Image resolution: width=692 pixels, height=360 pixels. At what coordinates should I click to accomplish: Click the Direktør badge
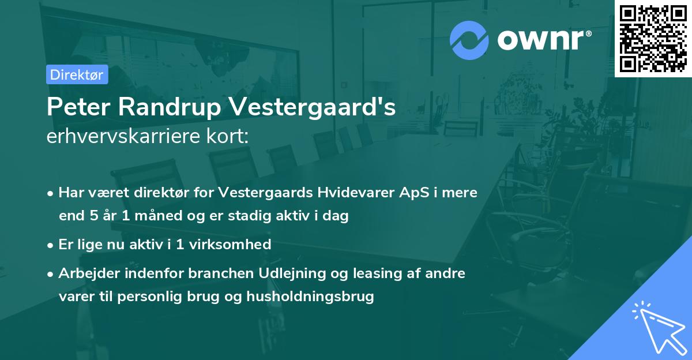click(x=77, y=74)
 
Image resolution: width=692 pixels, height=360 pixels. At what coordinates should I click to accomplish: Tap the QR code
click(x=653, y=38)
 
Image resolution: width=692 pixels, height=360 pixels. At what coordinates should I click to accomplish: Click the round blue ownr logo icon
click(x=469, y=40)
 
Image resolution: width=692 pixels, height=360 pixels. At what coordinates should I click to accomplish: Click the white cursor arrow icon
click(x=657, y=326)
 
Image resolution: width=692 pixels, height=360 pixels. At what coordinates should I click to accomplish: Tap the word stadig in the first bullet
click(x=263, y=216)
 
